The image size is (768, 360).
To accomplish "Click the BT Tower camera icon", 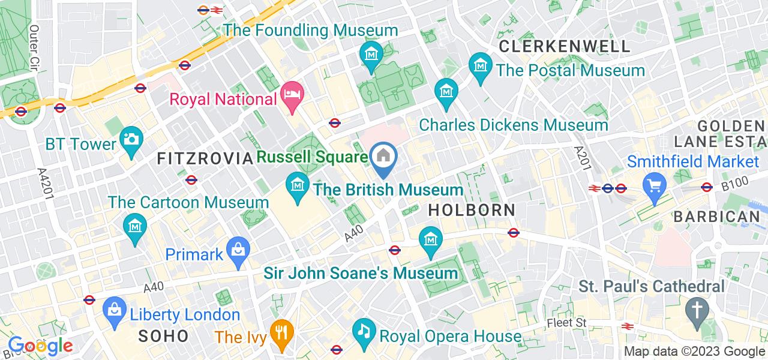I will [130, 138].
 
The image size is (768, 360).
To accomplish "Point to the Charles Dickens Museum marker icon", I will [447, 91].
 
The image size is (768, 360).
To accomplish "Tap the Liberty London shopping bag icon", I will [112, 309].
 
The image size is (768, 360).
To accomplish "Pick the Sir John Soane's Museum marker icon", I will [431, 238].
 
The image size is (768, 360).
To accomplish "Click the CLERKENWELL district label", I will [565, 46].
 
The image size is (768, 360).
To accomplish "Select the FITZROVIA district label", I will [204, 158].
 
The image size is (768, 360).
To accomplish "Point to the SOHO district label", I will [164, 336].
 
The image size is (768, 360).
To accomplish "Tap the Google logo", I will [40, 346].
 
